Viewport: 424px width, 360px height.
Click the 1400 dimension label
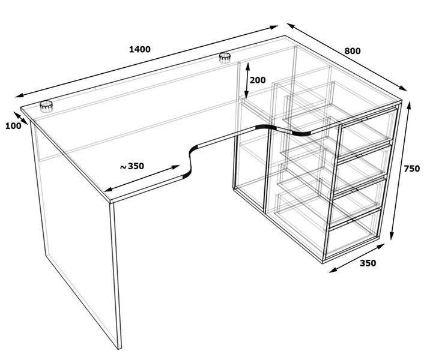[x=140, y=49]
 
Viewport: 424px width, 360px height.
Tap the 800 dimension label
[x=353, y=51]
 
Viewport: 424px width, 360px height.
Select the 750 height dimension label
[x=411, y=169]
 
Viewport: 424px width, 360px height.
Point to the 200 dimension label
[x=258, y=80]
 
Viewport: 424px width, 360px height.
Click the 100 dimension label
[x=13, y=126]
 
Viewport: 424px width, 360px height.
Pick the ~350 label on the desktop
[x=132, y=166]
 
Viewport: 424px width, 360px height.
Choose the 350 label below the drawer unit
[x=368, y=263]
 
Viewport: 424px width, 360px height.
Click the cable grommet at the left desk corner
[x=46, y=106]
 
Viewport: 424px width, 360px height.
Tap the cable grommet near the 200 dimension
[x=225, y=58]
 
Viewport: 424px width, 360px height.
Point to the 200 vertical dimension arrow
[x=247, y=80]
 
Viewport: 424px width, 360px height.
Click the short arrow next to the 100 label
[x=20, y=118]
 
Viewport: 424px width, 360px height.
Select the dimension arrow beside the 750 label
[x=401, y=170]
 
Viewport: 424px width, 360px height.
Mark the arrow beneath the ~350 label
[x=142, y=178]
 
